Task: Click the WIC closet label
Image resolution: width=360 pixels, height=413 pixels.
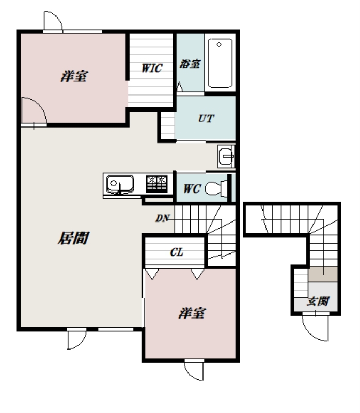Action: (152, 68)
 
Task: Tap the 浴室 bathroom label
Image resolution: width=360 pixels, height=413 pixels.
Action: (190, 63)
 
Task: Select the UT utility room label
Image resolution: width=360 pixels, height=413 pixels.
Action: (206, 119)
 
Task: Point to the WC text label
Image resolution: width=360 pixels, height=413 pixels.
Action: (192, 188)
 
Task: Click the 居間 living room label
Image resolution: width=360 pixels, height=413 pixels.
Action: (74, 238)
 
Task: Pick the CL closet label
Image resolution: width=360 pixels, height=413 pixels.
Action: (177, 252)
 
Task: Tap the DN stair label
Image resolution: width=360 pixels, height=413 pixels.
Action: (162, 218)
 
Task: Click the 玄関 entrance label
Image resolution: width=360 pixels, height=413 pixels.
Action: (318, 301)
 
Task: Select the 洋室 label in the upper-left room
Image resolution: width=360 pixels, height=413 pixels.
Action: (74, 76)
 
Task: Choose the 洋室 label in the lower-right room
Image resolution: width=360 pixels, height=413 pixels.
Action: (192, 313)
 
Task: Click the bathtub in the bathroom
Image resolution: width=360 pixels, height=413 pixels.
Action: (220, 63)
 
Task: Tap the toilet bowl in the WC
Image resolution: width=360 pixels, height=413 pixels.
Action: (216, 188)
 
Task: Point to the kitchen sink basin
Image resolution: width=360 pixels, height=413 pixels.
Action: (120, 184)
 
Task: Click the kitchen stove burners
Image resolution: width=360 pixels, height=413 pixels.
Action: (157, 184)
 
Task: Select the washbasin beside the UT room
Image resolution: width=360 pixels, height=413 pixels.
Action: (226, 156)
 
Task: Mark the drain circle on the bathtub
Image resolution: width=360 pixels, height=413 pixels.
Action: (219, 44)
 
